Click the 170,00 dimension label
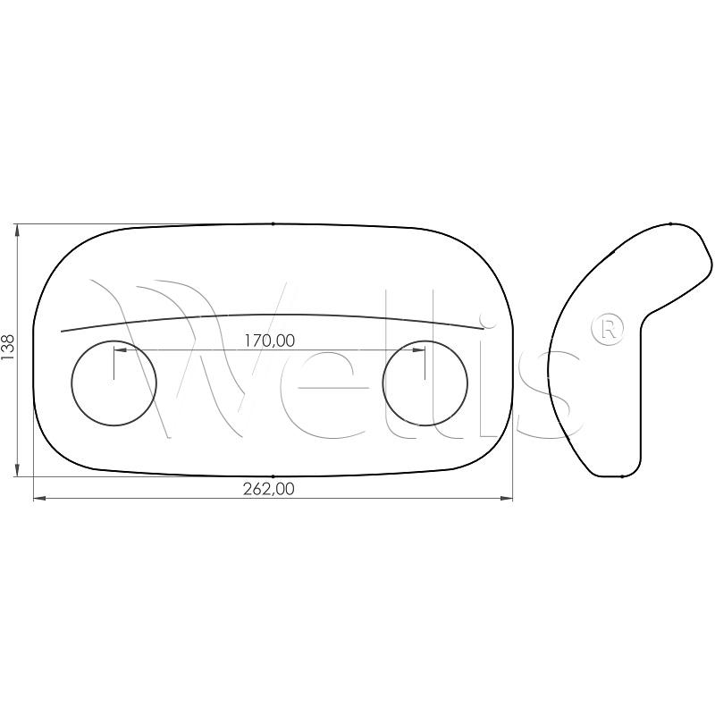tap(270, 341)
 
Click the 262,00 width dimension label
tap(269, 489)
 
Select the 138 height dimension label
tap(8, 347)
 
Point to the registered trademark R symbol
tap(607, 329)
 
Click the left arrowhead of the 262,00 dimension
tap(39, 499)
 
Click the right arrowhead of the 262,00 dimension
tap(507, 499)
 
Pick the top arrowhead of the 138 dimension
tap(17, 231)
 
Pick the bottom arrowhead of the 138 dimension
tap(17, 470)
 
